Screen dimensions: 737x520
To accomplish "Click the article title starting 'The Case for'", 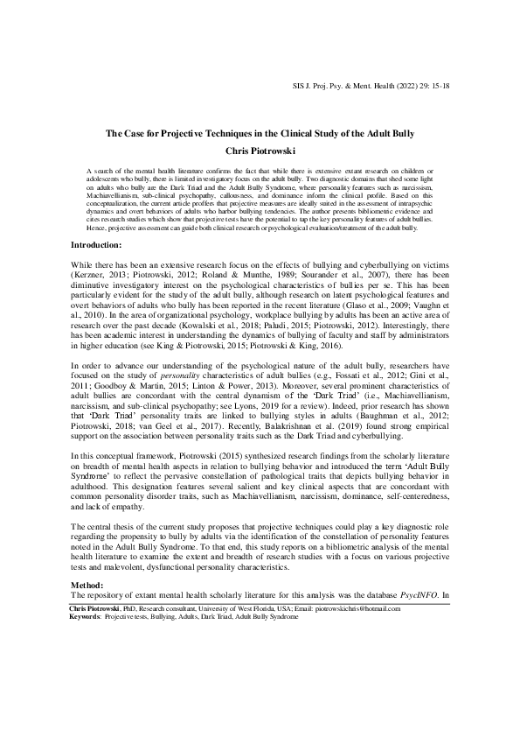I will [x=260, y=133].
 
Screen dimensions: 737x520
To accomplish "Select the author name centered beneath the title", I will [x=260, y=151].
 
